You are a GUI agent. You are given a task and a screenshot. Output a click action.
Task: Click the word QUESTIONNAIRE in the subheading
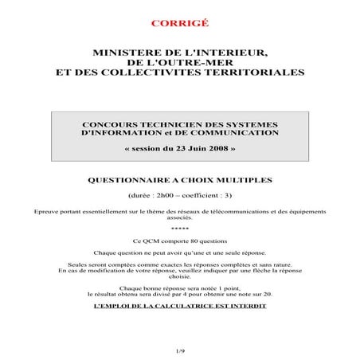132,180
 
